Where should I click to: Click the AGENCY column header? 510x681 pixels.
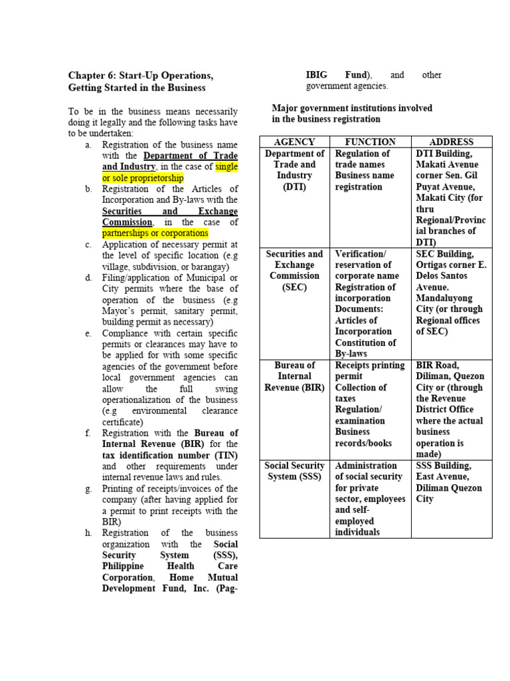pyautogui.click(x=294, y=142)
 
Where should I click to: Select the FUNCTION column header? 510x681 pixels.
pyautogui.click(x=371, y=142)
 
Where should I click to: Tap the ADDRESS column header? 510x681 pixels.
pyautogui.click(x=452, y=142)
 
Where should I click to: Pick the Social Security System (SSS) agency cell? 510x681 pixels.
pyautogui.click(x=294, y=471)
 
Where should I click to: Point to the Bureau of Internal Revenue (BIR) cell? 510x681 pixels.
pyautogui.click(x=294, y=376)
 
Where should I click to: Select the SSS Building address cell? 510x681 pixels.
pyautogui.click(x=452, y=482)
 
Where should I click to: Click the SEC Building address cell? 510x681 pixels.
pyautogui.click(x=452, y=293)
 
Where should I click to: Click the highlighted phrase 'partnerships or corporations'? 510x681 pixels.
pyautogui.click(x=155, y=233)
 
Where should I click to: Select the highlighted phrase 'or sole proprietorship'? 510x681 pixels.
pyautogui.click(x=143, y=178)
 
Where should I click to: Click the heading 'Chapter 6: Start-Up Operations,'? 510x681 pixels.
pyautogui.click(x=141, y=76)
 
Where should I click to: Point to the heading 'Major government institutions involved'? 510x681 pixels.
pyautogui.click(x=352, y=108)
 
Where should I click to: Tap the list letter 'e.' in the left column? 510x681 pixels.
pyautogui.click(x=88, y=333)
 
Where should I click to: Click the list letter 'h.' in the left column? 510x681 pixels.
pyautogui.click(x=88, y=533)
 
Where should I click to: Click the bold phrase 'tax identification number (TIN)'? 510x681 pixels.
pyautogui.click(x=169, y=455)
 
